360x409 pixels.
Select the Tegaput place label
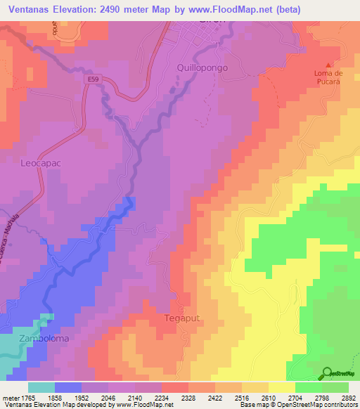point(182,318)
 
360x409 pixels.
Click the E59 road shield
point(94,79)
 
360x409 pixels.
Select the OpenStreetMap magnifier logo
point(328,373)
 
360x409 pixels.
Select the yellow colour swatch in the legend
point(282,387)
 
